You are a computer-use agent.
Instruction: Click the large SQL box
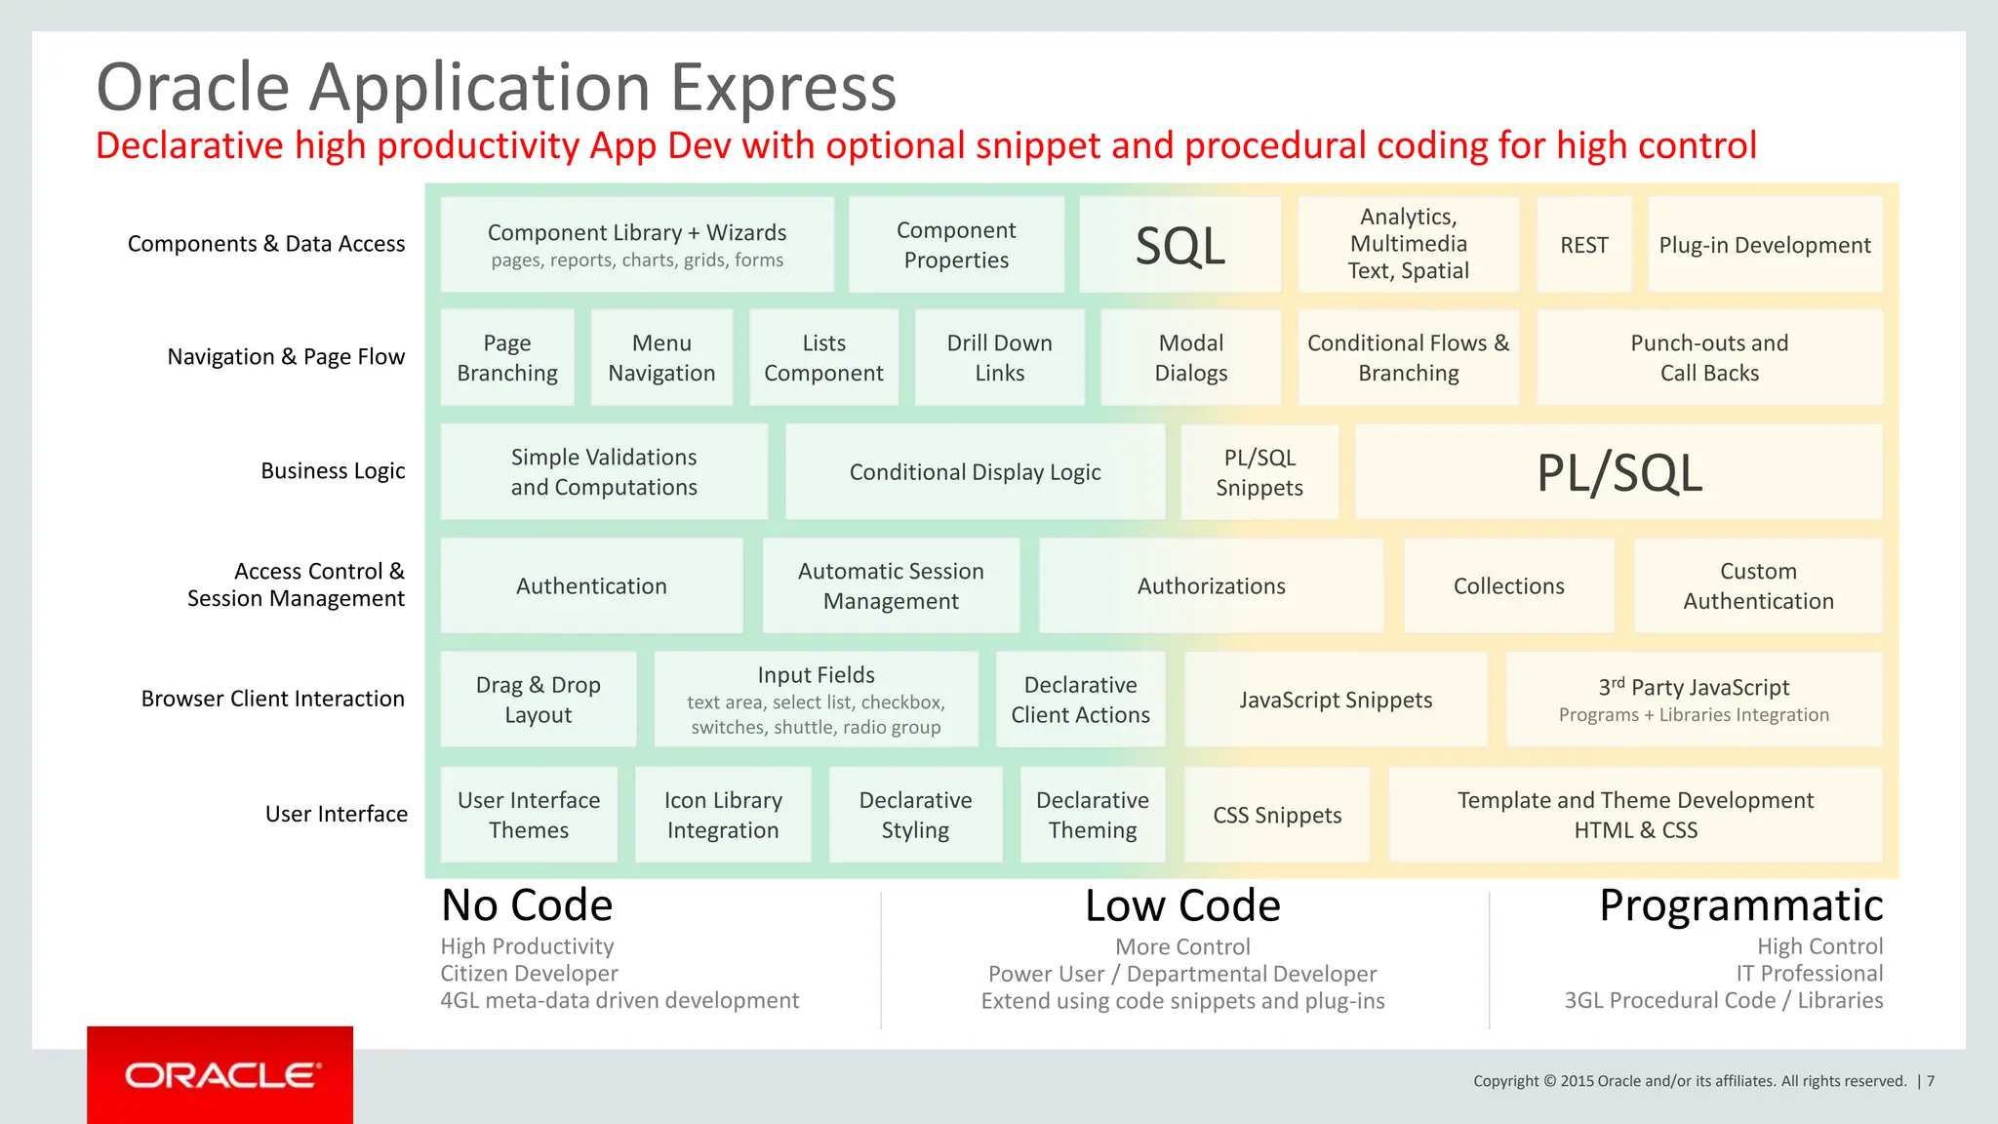click(x=1179, y=245)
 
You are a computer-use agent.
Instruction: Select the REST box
click(x=1583, y=245)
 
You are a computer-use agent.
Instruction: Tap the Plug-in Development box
click(x=1764, y=245)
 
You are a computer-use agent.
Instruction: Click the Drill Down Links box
click(x=999, y=358)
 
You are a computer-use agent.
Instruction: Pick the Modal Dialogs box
click(x=1190, y=358)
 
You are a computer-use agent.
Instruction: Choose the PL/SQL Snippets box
click(x=1259, y=472)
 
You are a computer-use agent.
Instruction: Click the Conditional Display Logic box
click(x=975, y=472)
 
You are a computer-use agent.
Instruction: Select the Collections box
click(x=1508, y=585)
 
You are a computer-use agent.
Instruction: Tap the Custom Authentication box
click(x=1758, y=585)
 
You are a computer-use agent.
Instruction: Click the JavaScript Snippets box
click(x=1336, y=700)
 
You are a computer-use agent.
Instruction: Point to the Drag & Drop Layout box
click(x=538, y=700)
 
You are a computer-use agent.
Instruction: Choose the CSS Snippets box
click(x=1277, y=815)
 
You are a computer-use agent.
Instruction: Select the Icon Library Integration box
click(x=723, y=815)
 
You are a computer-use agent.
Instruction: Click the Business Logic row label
click(x=333, y=471)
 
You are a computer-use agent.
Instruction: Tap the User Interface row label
click(x=337, y=814)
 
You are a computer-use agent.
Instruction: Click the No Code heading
click(x=527, y=905)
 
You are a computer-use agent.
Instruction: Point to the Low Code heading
click(x=1182, y=906)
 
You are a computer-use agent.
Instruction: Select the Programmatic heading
click(x=1740, y=905)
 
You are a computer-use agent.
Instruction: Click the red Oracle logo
click(x=220, y=1075)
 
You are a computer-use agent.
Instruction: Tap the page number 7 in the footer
click(x=1931, y=1081)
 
